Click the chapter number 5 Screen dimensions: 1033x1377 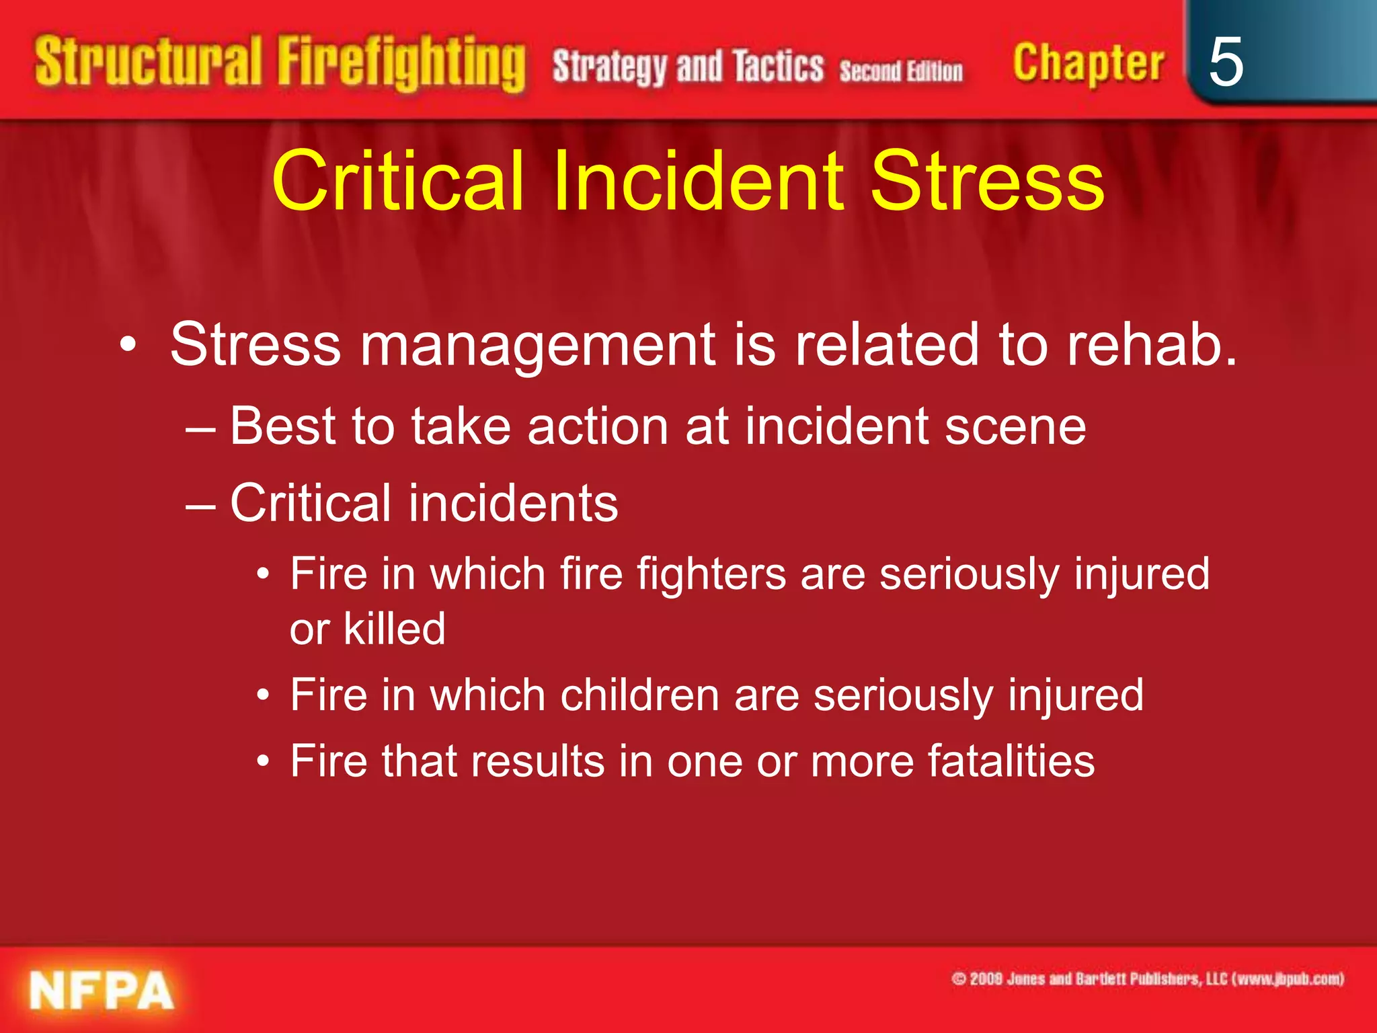pyautogui.click(x=1225, y=62)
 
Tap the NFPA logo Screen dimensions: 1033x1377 pyautogui.click(x=102, y=991)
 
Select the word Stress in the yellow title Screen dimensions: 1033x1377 pyautogui.click(x=987, y=180)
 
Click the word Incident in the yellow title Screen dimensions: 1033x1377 pyautogui.click(x=697, y=180)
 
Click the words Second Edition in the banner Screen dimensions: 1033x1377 pyautogui.click(x=900, y=70)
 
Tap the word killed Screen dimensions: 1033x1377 pyautogui.click(x=394, y=629)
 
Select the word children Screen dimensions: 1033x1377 pyautogui.click(x=639, y=695)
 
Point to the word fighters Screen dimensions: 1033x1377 pyautogui.click(x=711, y=574)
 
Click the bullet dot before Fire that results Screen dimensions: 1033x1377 pyautogui.click(x=264, y=762)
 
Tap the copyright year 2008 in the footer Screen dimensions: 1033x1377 pyautogui.click(x=986, y=979)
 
